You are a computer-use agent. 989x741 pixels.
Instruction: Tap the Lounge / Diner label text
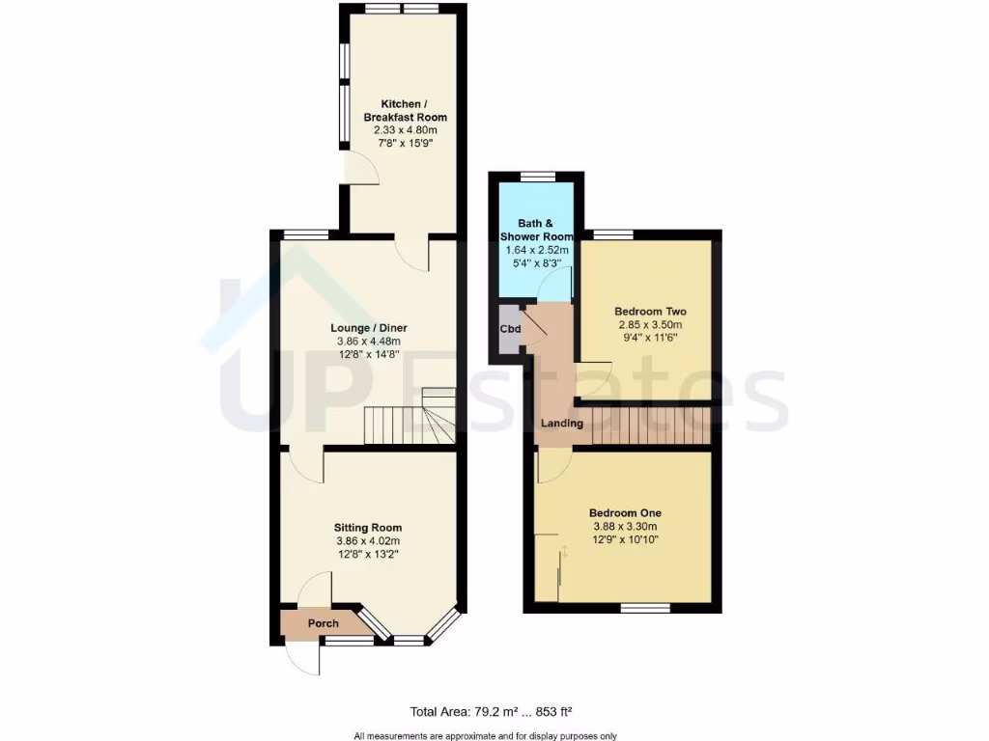point(366,327)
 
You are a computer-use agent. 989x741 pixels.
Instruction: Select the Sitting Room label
point(367,528)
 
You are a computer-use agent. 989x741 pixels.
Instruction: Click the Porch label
point(323,623)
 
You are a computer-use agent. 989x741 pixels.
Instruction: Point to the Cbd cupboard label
point(510,329)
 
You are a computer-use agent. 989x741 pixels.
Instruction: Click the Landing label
point(561,424)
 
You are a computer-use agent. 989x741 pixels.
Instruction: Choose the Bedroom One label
point(625,512)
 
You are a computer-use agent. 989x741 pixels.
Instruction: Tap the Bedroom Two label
point(650,312)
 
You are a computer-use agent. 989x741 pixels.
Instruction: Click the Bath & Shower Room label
point(536,230)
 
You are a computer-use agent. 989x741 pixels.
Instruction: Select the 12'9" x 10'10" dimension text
point(625,540)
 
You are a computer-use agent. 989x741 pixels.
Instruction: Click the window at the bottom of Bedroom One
point(644,608)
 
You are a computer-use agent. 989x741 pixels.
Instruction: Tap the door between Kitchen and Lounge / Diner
point(414,253)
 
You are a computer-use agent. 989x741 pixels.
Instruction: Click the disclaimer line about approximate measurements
point(485,736)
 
